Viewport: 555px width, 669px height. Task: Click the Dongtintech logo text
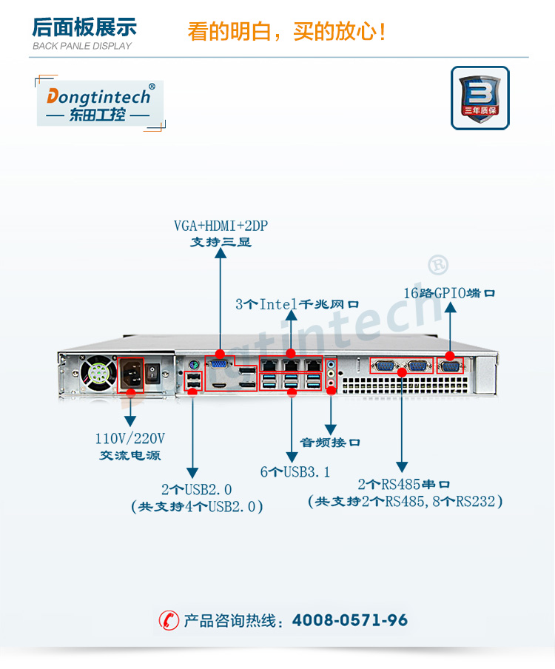tap(99, 96)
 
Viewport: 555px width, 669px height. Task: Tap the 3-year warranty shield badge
tap(480, 98)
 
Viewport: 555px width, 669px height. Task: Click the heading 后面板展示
tap(84, 28)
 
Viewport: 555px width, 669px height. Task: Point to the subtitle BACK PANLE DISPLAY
tap(82, 46)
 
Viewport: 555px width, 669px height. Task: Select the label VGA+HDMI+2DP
tap(221, 226)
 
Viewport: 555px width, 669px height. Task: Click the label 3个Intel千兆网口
tap(297, 303)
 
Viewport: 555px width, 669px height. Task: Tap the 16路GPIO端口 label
tap(449, 292)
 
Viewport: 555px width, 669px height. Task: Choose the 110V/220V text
tap(130, 438)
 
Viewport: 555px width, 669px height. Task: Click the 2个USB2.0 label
tap(196, 489)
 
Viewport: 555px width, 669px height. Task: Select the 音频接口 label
tap(330, 443)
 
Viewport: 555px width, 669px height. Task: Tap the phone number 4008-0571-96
tap(350, 620)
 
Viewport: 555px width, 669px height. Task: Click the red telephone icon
tap(169, 620)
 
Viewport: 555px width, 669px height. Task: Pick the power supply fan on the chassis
tap(98, 375)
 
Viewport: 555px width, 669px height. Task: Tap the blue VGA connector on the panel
tap(219, 364)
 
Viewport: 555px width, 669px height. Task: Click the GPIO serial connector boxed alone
tap(450, 366)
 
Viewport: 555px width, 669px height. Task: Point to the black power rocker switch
tap(153, 372)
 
